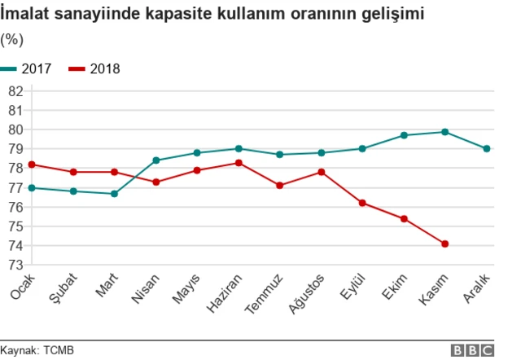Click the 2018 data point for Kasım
(x=444, y=244)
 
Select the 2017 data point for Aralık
(x=486, y=148)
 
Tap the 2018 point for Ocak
(x=32, y=165)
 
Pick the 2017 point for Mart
(x=114, y=194)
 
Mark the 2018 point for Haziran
(x=238, y=163)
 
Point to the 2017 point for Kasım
(x=444, y=132)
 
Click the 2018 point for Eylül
(x=362, y=203)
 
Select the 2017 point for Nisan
(x=155, y=160)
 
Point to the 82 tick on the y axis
(x=15, y=90)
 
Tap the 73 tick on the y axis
(x=15, y=265)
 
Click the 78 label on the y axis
(x=15, y=168)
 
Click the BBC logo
(x=472, y=350)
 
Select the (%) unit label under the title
(x=11, y=39)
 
